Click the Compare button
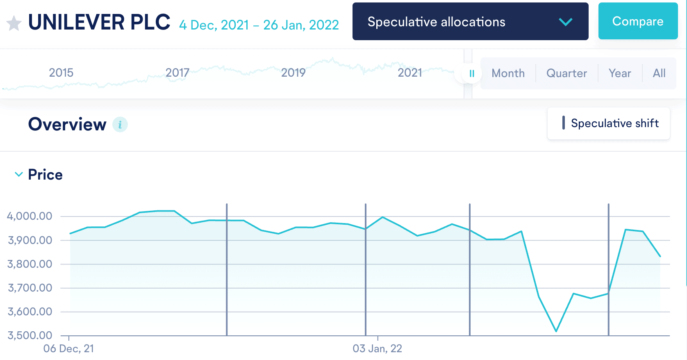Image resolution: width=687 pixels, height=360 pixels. pos(638,21)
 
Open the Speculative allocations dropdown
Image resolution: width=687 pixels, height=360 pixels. pos(470,22)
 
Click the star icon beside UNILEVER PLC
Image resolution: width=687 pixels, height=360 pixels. pos(14,23)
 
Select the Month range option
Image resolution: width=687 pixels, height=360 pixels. pos(508,73)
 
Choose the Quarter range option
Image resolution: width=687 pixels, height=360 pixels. pos(566,73)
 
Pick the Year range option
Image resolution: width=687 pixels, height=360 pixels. pos(619,73)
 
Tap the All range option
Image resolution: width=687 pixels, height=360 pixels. pos(659,73)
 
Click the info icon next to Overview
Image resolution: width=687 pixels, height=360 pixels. pos(120,125)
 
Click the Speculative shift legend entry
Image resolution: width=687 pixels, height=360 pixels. pos(609,123)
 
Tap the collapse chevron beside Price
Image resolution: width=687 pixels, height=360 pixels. pos(18,175)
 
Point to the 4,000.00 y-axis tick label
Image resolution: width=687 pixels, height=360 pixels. pos(30,216)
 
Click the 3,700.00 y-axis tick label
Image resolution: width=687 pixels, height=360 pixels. pos(30,288)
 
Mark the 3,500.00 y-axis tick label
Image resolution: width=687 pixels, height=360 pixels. pos(30,335)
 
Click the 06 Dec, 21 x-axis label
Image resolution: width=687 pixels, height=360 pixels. pos(68,349)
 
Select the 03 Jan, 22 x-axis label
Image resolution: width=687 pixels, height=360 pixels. pos(377,349)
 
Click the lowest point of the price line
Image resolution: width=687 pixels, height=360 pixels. pos(556,331)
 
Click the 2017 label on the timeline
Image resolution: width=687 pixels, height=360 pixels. pos(177,73)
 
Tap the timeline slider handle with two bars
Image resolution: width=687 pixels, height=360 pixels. pos(472,74)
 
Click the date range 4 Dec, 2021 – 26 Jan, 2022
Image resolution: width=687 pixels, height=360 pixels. pos(259,25)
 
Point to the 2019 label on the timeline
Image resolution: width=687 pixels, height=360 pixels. pos(293,73)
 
